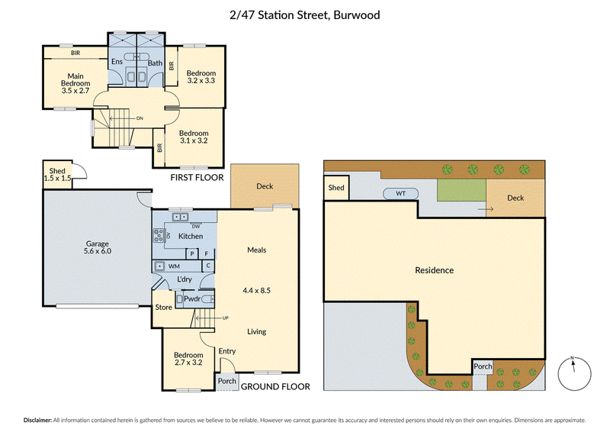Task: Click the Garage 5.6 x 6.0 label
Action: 98,247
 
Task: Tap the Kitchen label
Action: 191,236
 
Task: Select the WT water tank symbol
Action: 401,194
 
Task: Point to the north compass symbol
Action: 574,373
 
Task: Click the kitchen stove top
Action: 159,235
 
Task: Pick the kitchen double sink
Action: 180,217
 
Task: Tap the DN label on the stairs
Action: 140,118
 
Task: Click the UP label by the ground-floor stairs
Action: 225,318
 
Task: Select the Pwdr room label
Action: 192,298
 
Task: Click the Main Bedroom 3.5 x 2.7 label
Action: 75,83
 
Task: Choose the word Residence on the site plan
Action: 434,270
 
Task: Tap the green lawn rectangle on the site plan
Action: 462,190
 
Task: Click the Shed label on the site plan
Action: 336,187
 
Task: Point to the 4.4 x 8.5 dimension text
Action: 256,290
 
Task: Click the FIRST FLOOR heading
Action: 197,178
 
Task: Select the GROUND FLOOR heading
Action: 275,386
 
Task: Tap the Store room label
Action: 163,307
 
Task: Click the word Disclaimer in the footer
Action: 37,420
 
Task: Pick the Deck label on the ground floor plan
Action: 265,186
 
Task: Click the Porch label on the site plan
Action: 483,366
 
